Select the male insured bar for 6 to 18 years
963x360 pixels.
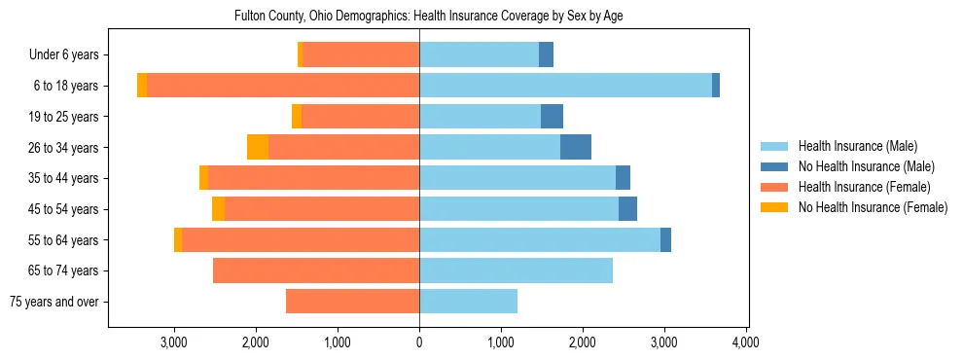tap(565, 86)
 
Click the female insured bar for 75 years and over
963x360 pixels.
tap(352, 302)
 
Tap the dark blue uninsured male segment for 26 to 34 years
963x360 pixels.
tap(576, 147)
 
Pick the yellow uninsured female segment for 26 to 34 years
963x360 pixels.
tap(258, 147)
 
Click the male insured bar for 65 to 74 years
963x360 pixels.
tap(516, 270)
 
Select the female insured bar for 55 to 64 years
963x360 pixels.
tap(301, 239)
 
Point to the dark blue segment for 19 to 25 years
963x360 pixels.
tap(552, 117)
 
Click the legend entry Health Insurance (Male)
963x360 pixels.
tap(857, 146)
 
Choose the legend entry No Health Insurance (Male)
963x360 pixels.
tap(866, 166)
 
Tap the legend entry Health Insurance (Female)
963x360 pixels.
tap(861, 187)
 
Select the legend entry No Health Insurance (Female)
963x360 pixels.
tap(872, 207)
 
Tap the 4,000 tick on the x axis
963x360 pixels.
tap(745, 342)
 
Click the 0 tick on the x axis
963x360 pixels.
tap(419, 342)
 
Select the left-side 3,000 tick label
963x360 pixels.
tap(174, 342)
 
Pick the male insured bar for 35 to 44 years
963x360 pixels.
tap(517, 178)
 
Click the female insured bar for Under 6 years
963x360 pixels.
tap(361, 54)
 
